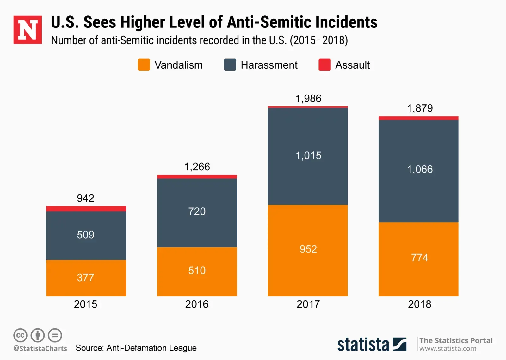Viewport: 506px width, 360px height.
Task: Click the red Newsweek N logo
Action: (x=28, y=30)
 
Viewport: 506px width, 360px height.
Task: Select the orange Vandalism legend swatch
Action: (x=144, y=65)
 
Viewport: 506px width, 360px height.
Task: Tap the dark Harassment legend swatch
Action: (x=230, y=65)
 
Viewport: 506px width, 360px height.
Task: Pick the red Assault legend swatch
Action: (x=324, y=65)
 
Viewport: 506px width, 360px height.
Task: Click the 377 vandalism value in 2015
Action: (x=86, y=278)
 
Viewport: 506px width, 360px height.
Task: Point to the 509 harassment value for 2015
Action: (x=86, y=235)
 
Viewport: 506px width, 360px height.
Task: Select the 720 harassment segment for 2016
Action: (x=197, y=211)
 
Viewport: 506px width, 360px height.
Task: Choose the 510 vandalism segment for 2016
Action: (x=197, y=271)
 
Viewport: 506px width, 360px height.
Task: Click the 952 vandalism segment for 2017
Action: (x=308, y=249)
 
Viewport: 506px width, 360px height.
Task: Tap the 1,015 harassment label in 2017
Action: (x=308, y=156)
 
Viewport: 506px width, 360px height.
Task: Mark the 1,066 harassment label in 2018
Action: (x=420, y=169)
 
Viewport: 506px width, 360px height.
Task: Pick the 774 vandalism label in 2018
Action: (x=419, y=258)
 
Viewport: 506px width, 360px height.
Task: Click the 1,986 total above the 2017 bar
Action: (x=308, y=99)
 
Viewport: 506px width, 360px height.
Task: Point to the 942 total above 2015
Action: (x=86, y=198)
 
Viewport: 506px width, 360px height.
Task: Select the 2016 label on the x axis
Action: (x=197, y=304)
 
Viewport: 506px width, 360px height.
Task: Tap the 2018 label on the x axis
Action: (x=419, y=304)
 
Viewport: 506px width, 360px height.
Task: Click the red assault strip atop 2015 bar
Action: (x=86, y=209)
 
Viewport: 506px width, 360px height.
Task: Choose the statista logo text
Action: (x=363, y=344)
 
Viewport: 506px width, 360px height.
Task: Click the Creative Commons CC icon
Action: (x=20, y=335)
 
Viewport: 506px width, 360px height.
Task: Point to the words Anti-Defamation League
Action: (x=151, y=348)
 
